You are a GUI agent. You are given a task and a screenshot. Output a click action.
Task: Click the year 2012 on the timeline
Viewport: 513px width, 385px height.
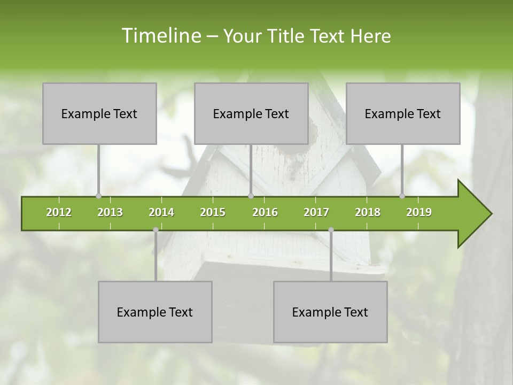click(x=59, y=212)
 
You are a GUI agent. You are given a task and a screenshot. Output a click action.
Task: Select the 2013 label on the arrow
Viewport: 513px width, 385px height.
click(x=110, y=212)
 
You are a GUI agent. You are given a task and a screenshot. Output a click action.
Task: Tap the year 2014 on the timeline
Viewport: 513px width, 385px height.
click(x=161, y=212)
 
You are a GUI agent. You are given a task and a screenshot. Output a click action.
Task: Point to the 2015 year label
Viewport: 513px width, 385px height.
click(x=213, y=212)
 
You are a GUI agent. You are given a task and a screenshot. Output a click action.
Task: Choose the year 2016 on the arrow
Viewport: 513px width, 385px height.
click(x=265, y=212)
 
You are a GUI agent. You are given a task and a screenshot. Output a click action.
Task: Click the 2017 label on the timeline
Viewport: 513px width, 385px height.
click(x=316, y=212)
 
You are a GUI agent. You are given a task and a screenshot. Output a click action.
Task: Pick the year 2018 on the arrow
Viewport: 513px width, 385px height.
click(x=368, y=212)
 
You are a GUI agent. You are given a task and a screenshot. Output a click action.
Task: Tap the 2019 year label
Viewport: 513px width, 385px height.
click(x=419, y=212)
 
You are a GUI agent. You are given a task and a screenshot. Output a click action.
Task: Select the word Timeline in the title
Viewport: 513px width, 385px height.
click(x=160, y=36)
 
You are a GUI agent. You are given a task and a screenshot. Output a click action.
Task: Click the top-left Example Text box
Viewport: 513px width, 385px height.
click(x=99, y=113)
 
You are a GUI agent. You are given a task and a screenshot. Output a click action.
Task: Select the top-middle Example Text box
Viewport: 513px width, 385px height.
click(x=251, y=113)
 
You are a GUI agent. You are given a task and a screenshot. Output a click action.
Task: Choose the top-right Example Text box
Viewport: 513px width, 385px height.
click(x=403, y=113)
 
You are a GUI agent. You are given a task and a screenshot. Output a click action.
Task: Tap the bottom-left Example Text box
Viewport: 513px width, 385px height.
click(x=155, y=312)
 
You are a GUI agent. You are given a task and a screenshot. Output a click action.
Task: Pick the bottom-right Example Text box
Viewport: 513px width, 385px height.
click(x=330, y=312)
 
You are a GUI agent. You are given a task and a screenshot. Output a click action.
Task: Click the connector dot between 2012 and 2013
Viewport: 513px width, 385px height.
click(x=98, y=196)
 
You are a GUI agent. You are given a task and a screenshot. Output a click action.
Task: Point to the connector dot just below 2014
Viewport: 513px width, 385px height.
click(x=156, y=230)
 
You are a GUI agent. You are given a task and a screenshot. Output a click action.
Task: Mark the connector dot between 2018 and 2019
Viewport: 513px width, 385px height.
click(x=402, y=196)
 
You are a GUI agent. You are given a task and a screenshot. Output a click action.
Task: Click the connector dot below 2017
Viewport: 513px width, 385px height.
click(x=331, y=230)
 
